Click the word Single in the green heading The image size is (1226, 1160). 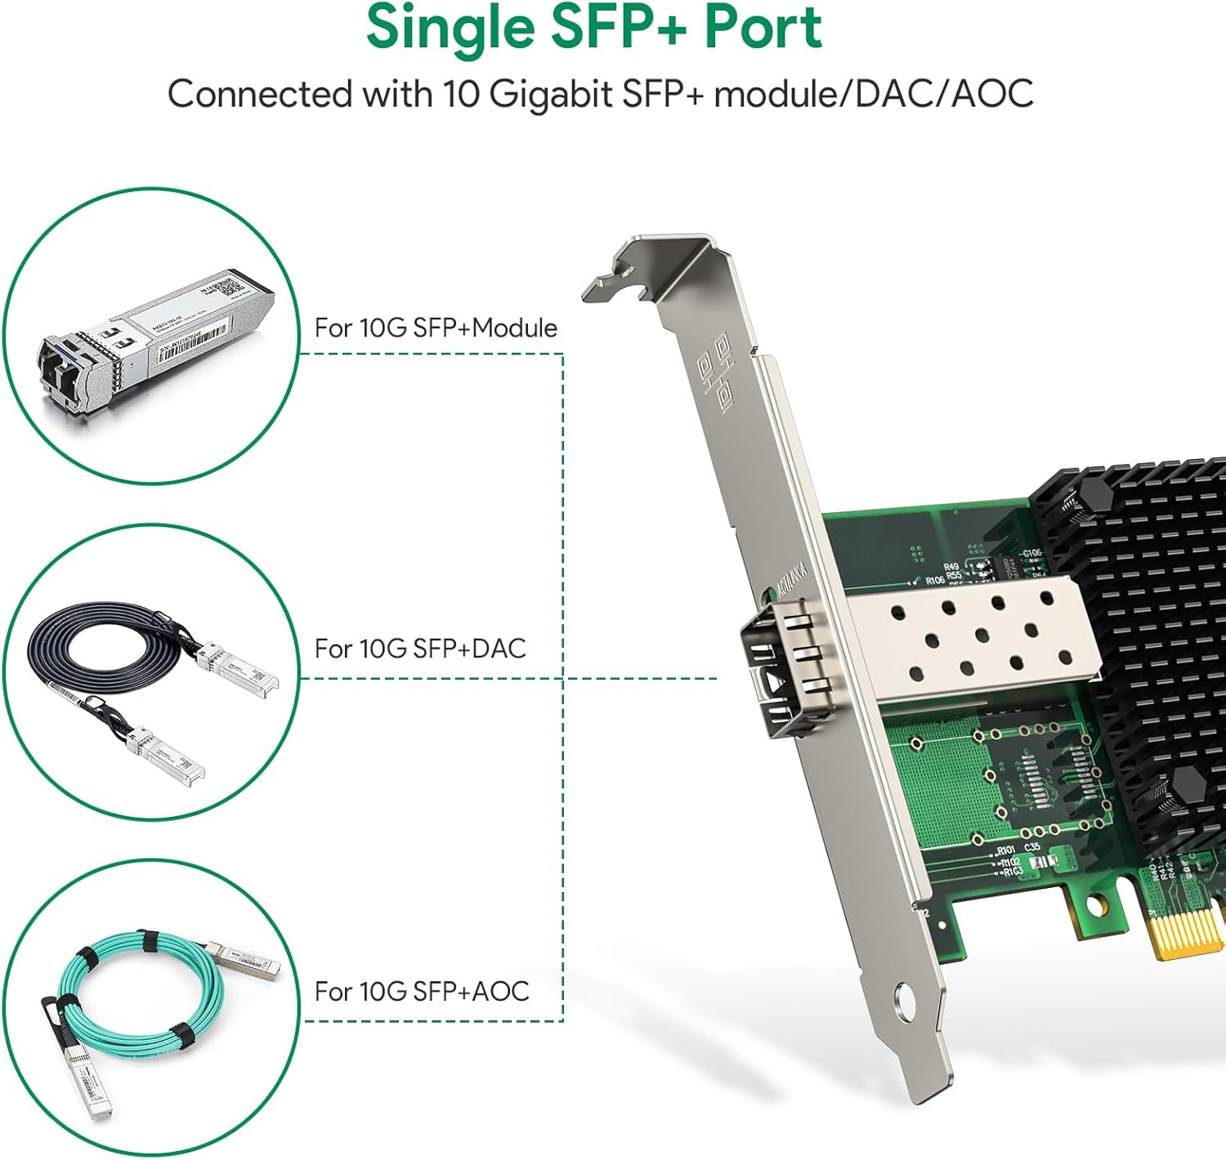tap(451, 29)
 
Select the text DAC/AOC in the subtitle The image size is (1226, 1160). tap(944, 94)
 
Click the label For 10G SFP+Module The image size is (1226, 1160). tap(436, 328)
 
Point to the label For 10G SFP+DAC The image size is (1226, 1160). tap(420, 649)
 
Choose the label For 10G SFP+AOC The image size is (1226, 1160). tap(422, 991)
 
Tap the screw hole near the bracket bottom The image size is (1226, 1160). tap(905, 997)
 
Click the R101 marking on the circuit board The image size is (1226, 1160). tap(1006, 851)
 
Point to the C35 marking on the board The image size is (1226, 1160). tap(1032, 848)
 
